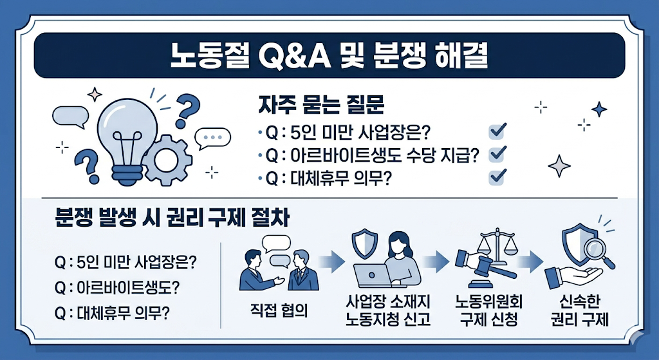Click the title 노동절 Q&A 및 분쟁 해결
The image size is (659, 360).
(x=329, y=56)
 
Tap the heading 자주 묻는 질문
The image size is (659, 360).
(x=321, y=105)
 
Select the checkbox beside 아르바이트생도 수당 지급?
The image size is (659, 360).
(x=497, y=155)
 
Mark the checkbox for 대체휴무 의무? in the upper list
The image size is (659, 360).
(x=497, y=176)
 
